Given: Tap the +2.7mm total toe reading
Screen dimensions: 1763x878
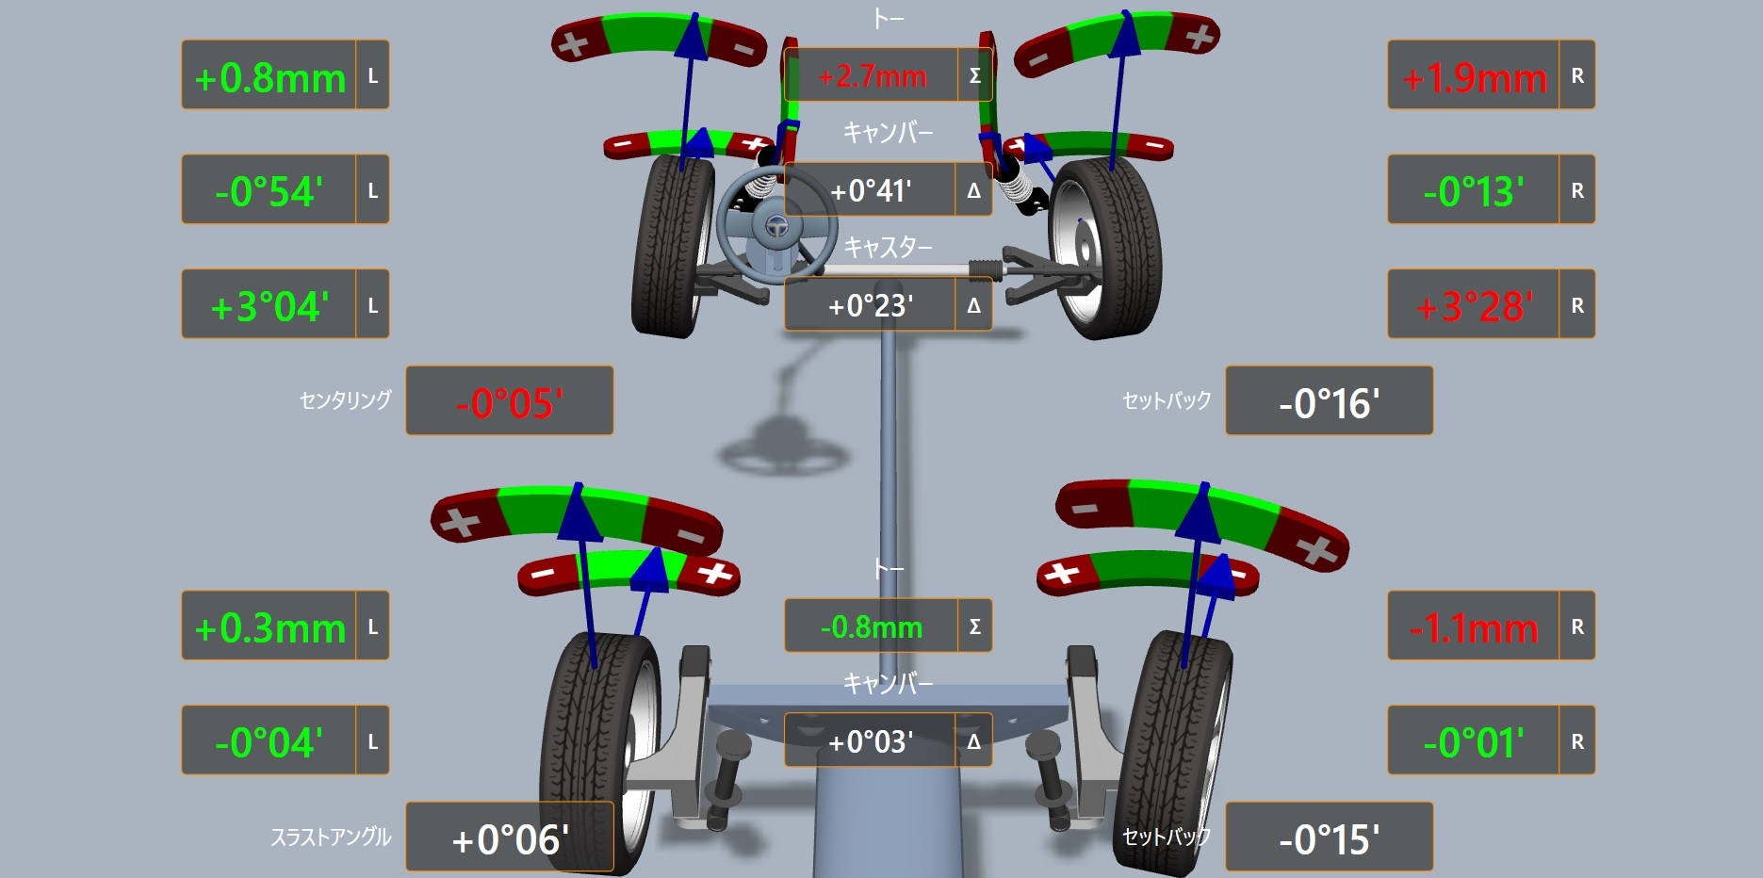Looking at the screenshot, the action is tap(873, 76).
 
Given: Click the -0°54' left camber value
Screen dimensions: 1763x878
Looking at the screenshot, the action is tap(269, 192).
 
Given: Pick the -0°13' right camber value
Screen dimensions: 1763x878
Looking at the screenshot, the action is tap(1474, 192).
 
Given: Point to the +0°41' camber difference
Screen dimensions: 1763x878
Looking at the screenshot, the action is tap(871, 191).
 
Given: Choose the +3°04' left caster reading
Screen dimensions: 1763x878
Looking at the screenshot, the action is tap(269, 307).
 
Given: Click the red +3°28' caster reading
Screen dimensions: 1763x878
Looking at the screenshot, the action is tap(1475, 307).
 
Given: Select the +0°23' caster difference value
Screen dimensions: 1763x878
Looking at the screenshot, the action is tap(871, 306).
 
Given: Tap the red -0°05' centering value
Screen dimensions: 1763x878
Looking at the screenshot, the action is tap(510, 404).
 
